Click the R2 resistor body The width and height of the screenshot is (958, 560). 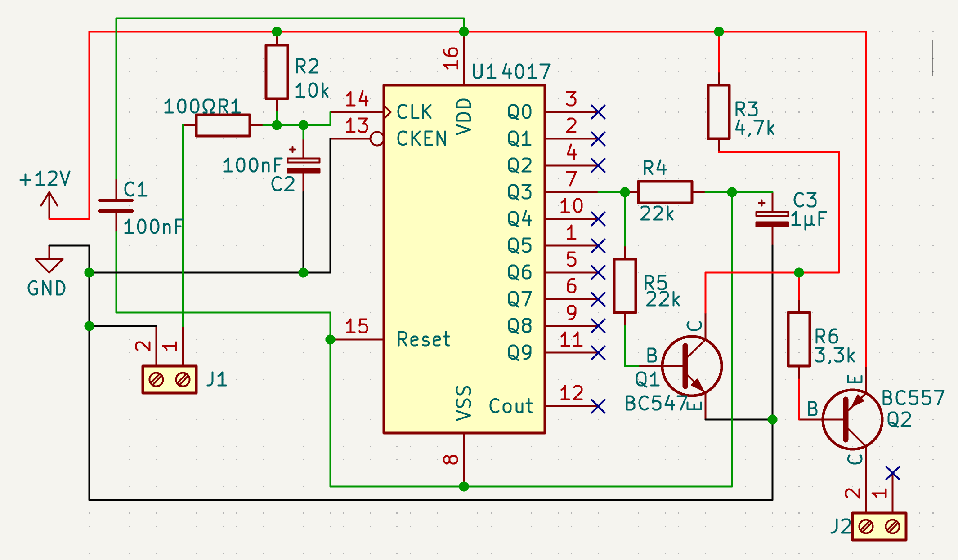(277, 72)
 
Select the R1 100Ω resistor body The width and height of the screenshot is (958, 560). (223, 125)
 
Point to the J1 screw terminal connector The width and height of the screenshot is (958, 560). (170, 380)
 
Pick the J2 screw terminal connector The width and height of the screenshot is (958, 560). (879, 526)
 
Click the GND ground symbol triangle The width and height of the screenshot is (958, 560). (49, 265)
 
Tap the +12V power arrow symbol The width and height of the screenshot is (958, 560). (49, 200)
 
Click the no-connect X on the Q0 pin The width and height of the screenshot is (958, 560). (598, 112)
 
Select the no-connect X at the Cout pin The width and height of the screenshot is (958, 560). (598, 406)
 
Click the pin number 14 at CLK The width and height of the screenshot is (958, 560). (357, 99)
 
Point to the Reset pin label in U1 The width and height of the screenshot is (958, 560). (423, 339)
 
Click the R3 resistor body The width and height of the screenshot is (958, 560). (719, 112)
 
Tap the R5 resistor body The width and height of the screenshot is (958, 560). (625, 286)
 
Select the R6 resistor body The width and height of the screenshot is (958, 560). (799, 339)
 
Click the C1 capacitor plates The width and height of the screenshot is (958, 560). (116, 205)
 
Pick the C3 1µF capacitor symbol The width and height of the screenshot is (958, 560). (772, 219)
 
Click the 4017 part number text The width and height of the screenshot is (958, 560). (526, 71)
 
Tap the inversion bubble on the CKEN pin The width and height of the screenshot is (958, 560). (377, 139)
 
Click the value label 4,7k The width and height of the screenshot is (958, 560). (755, 129)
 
